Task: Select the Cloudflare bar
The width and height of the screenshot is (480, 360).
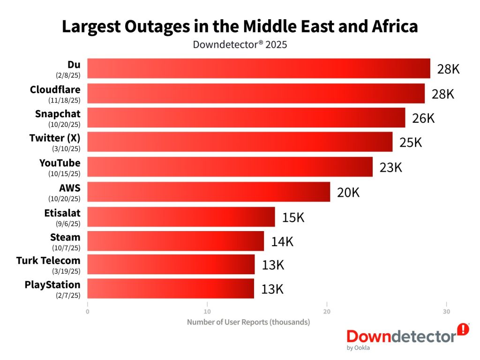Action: pyautogui.click(x=256, y=93)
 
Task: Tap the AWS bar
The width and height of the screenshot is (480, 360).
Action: pyautogui.click(x=209, y=192)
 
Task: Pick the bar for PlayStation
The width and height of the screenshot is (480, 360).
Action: pyautogui.click(x=171, y=288)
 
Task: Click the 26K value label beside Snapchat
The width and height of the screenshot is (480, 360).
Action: pyautogui.click(x=423, y=118)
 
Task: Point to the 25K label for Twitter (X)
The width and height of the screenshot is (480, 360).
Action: pyautogui.click(x=411, y=142)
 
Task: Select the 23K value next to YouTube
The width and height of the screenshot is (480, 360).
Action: pyautogui.click(x=391, y=167)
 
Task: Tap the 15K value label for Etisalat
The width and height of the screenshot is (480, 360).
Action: pyautogui.click(x=293, y=217)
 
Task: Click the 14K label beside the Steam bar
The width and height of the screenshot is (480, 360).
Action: pyautogui.click(x=282, y=242)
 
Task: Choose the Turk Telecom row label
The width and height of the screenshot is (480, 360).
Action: pyautogui.click(x=48, y=260)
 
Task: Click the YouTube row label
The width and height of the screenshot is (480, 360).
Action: pyautogui.click(x=60, y=163)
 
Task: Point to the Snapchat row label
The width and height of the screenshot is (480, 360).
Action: pyautogui.click(x=58, y=114)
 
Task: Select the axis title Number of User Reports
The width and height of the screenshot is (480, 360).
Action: pyautogui.click(x=248, y=322)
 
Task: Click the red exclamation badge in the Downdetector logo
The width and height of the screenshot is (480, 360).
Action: pyautogui.click(x=463, y=329)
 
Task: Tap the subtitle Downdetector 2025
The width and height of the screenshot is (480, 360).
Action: pyautogui.click(x=240, y=45)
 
